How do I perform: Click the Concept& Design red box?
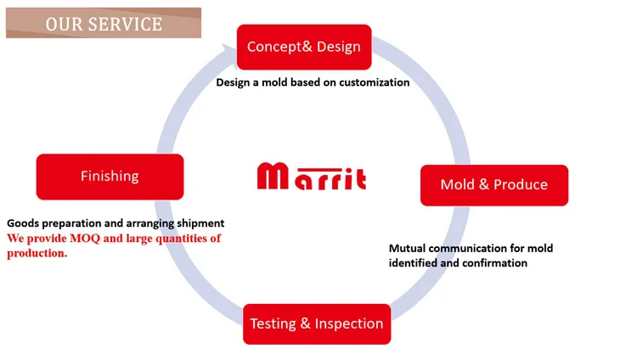click(x=303, y=48)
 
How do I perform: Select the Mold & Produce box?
click(x=493, y=185)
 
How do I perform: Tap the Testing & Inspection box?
click(x=317, y=323)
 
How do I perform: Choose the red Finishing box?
click(x=110, y=177)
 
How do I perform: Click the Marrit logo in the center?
click(x=312, y=177)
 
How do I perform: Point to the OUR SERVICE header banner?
click(x=104, y=23)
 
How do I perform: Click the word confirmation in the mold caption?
click(x=492, y=263)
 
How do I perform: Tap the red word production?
click(x=36, y=253)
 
